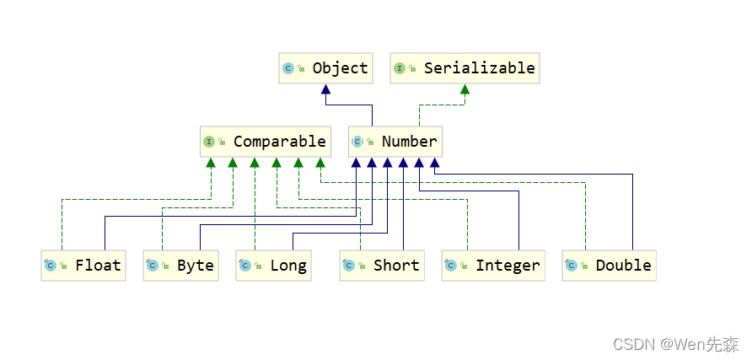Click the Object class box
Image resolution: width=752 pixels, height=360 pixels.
[x=325, y=68]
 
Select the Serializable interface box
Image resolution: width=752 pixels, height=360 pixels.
[x=465, y=68]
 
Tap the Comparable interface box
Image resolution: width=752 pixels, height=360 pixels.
[x=264, y=142]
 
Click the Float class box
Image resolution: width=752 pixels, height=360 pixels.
[x=83, y=266]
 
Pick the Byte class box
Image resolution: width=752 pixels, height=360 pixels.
[x=180, y=266]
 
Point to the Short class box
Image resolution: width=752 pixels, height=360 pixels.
[x=382, y=266]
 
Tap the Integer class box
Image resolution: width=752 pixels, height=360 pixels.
[x=491, y=266]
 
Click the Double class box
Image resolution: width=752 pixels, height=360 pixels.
[x=609, y=266]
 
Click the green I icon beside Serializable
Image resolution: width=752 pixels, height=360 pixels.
[x=400, y=68]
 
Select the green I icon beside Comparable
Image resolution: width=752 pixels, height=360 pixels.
[x=209, y=142]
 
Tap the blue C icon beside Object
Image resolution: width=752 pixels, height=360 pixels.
[x=288, y=68]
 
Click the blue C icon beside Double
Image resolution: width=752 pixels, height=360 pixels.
[x=572, y=266]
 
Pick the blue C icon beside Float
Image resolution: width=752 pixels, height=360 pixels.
[x=51, y=266]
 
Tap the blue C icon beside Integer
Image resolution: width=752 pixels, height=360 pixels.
[x=452, y=266]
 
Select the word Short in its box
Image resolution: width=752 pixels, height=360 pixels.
[x=395, y=266]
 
